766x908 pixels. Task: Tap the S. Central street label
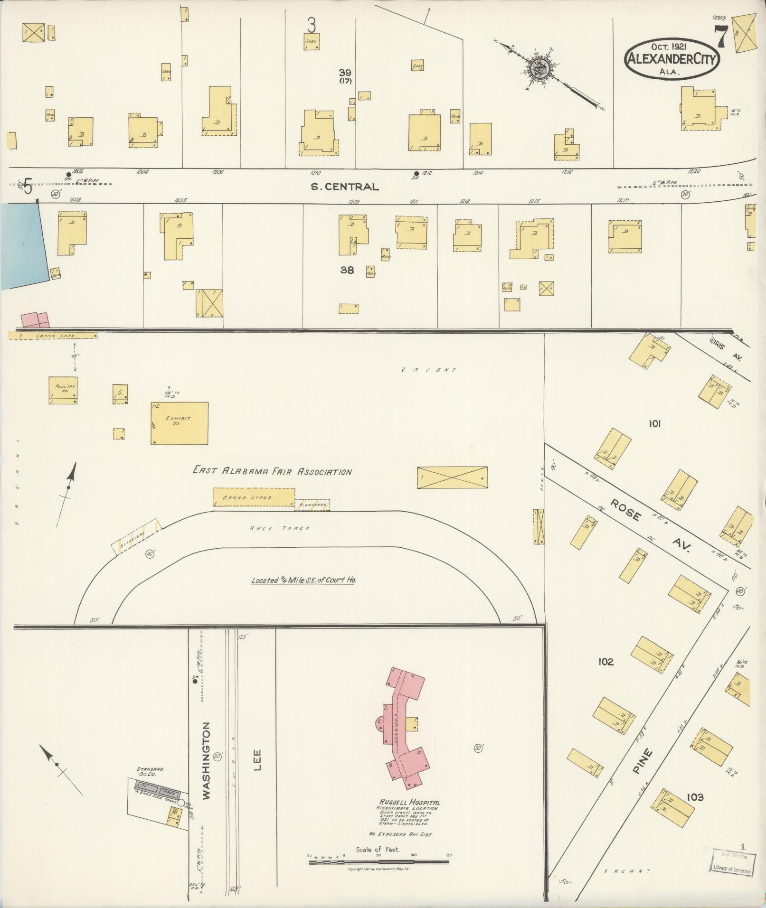click(344, 187)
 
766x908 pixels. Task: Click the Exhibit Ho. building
click(180, 423)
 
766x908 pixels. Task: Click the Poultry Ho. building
click(63, 390)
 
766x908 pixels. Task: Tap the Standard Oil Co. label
click(150, 771)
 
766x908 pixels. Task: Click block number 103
click(694, 797)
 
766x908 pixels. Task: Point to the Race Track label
click(280, 528)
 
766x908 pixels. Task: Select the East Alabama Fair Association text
click(272, 471)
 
